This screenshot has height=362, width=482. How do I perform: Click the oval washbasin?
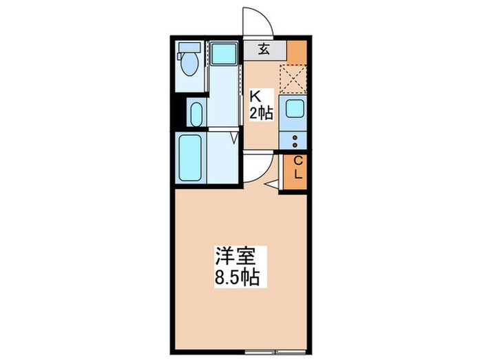click(195, 113)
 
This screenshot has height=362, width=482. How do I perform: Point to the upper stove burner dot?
click(295, 137)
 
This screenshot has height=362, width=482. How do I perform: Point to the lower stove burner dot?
click(295, 145)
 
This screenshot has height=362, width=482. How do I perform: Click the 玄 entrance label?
click(264, 49)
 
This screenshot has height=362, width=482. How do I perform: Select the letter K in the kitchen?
click(254, 97)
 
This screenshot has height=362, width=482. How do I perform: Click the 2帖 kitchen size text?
click(262, 114)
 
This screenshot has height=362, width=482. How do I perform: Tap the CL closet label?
click(297, 168)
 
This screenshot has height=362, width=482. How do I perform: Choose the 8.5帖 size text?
click(235, 278)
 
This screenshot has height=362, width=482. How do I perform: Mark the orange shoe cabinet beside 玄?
click(297, 52)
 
